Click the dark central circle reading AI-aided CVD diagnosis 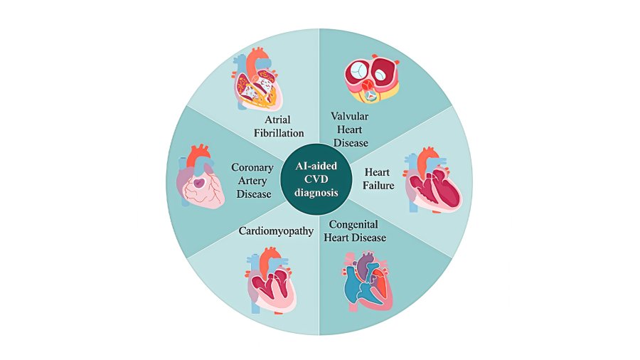point(316,179)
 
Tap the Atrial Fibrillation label point(279,126)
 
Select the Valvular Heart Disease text point(350,129)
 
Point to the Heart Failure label point(378,179)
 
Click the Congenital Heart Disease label point(355,231)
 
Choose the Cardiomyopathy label point(276,231)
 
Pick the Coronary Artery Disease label point(252,181)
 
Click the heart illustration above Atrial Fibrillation point(256,79)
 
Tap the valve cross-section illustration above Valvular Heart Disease point(371,78)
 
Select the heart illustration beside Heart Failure point(432,180)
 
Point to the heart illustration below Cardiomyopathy point(272,280)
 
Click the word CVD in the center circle point(316,179)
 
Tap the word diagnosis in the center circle point(316,192)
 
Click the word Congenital point(353,225)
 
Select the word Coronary point(252,167)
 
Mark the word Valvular point(350,117)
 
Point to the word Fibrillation point(279,133)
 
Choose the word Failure point(378,185)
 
